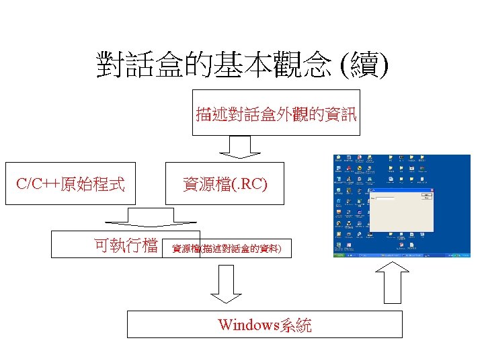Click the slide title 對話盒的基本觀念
(214, 65)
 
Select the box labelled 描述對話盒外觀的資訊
(276, 112)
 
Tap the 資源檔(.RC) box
(225, 183)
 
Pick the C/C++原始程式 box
(71, 183)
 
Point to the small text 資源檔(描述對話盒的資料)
(227, 249)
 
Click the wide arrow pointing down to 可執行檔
(149, 216)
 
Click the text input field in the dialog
(386, 198)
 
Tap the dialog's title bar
(397, 191)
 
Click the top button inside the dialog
(425, 196)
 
